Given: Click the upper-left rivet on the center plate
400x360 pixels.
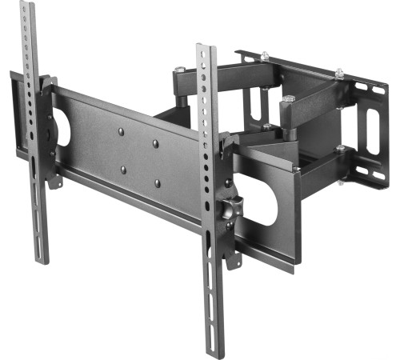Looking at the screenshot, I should (120, 130).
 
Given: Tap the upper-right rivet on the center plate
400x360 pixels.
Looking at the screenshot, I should (156, 144).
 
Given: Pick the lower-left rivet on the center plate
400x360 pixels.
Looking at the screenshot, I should (122, 169).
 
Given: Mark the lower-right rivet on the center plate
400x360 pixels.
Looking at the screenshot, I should (158, 183).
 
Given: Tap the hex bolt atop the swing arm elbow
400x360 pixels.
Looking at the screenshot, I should (287, 99).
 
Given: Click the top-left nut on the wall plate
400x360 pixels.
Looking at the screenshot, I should (265, 55).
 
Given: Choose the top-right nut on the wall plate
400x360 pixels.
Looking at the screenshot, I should (340, 74).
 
